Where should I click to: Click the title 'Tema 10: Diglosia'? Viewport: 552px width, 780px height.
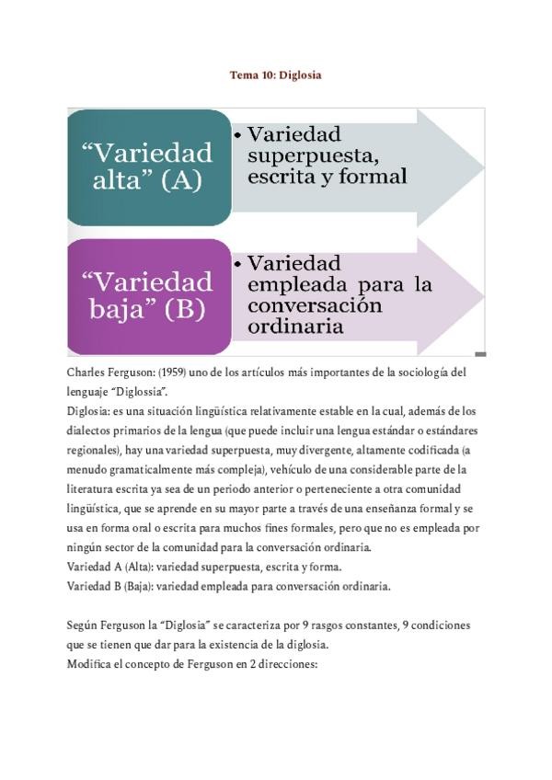pyautogui.click(x=275, y=75)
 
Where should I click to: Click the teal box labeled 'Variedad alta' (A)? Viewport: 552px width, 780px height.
pyautogui.click(x=147, y=166)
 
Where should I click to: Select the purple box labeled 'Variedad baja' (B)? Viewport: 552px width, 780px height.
pyautogui.click(x=147, y=295)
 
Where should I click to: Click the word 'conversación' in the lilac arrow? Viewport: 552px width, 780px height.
pyautogui.click(x=315, y=305)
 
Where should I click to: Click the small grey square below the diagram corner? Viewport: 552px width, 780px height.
pyautogui.click(x=480, y=354)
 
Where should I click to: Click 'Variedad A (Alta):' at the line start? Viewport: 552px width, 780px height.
pyautogui.click(x=110, y=567)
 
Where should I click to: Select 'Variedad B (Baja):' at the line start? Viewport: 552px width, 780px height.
pyautogui.click(x=110, y=586)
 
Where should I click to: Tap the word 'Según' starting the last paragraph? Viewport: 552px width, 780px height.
pyautogui.click(x=82, y=625)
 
